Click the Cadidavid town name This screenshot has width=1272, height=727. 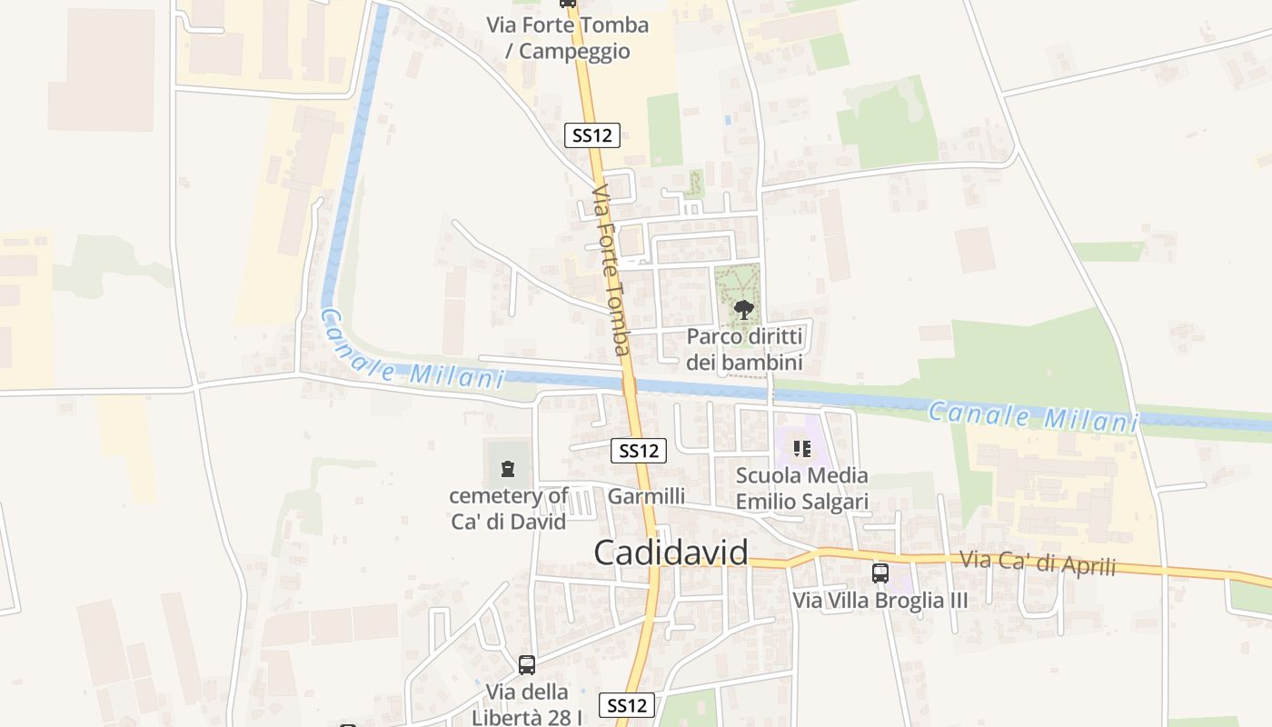(x=671, y=553)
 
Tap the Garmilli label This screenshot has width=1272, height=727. (x=646, y=496)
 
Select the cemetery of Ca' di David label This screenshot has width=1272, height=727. (x=509, y=508)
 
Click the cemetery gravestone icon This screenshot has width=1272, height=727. (x=507, y=470)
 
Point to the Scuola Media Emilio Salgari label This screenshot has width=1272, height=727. (x=801, y=488)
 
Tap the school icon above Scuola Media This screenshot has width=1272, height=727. (x=801, y=448)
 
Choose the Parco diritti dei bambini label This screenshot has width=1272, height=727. (x=744, y=349)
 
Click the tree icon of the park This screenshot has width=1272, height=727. (x=744, y=309)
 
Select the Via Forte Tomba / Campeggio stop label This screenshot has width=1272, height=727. (x=568, y=37)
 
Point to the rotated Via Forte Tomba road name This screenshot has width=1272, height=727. (x=611, y=270)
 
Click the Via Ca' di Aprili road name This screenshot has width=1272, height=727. (x=1038, y=563)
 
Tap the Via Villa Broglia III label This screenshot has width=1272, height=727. (x=879, y=601)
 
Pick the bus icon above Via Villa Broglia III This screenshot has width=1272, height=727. (x=879, y=573)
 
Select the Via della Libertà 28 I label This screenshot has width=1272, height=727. (x=527, y=704)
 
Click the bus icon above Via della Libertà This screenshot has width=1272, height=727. (x=527, y=664)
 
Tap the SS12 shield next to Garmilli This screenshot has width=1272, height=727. (x=640, y=450)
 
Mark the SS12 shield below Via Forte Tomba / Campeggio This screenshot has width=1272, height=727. (x=592, y=135)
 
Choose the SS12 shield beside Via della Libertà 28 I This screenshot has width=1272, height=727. (x=627, y=704)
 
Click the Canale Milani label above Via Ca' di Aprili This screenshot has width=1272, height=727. (x=1033, y=417)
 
